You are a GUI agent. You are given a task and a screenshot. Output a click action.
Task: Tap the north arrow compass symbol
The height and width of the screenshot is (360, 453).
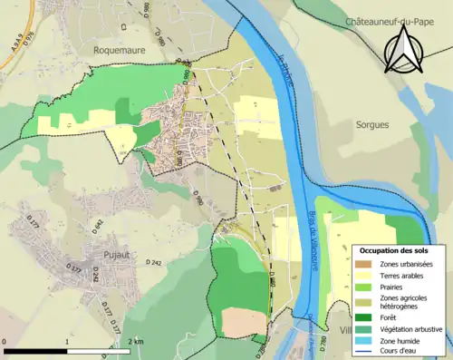(403, 49)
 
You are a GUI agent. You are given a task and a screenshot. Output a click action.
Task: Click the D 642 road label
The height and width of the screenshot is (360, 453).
(99, 223)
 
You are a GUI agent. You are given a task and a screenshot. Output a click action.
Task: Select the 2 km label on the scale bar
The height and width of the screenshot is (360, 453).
(135, 341)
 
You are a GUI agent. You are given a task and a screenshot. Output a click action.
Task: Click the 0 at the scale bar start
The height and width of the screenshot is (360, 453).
(5, 341)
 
